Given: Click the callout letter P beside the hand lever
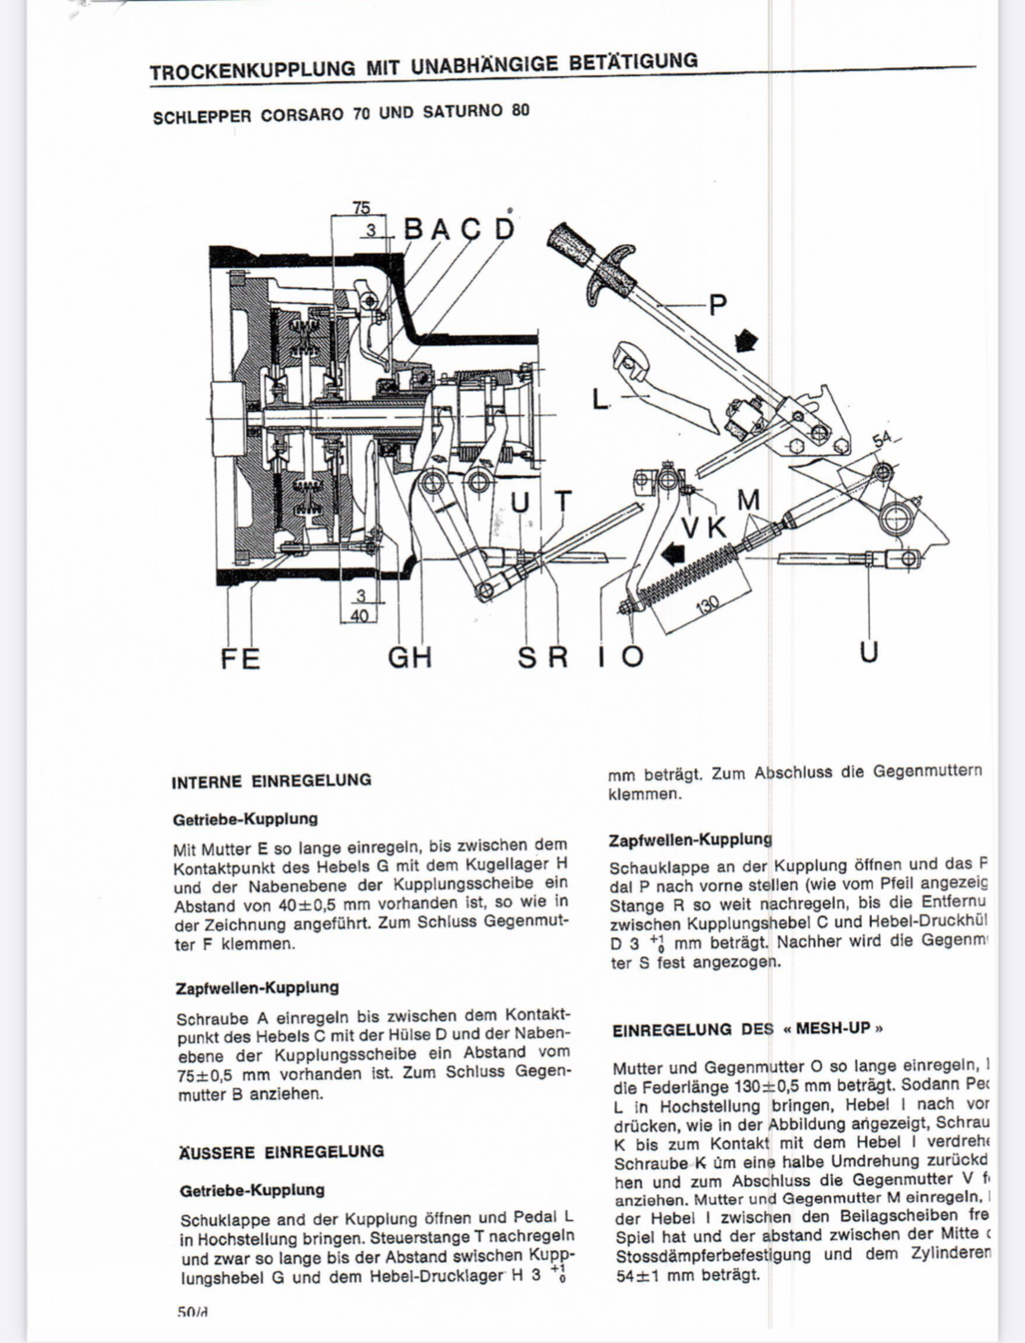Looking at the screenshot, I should tap(718, 305).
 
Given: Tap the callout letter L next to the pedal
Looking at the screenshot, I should tap(600, 400).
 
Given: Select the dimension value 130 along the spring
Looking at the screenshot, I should tap(708, 605).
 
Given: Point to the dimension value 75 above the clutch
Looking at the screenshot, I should tap(361, 208).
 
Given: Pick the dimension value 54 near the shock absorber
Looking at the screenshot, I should tap(882, 438).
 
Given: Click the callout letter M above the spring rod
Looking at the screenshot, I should tap(749, 500).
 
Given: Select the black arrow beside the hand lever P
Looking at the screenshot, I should tap(746, 339).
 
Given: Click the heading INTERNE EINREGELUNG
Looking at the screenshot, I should tap(272, 781).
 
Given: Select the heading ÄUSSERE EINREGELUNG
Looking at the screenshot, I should tap(281, 1151).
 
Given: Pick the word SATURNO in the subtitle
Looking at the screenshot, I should tap(462, 111).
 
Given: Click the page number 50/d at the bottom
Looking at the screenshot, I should tap(192, 1312).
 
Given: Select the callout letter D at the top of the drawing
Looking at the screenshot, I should tap(504, 228).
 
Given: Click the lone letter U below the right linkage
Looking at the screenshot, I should tap(868, 652).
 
